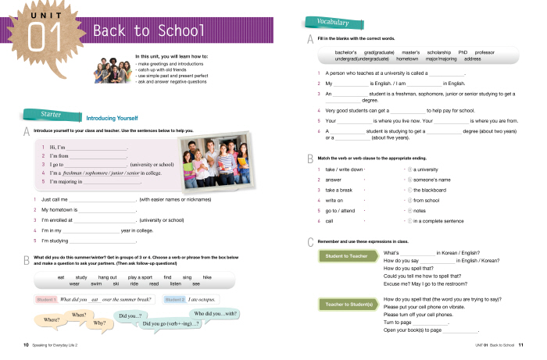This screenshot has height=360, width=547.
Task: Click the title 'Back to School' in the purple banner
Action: [148, 31]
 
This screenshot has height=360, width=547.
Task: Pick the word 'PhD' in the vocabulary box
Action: [463, 52]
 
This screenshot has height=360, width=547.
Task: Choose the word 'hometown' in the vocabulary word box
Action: [408, 59]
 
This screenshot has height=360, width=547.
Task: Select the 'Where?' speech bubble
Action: [52, 319]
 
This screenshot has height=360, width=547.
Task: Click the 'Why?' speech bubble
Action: [99, 323]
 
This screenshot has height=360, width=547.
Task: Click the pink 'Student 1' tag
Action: [45, 299]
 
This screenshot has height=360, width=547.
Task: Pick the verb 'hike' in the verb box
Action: [207, 277]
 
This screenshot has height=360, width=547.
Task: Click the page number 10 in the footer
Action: [26, 344]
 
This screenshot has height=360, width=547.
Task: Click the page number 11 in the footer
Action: [520, 344]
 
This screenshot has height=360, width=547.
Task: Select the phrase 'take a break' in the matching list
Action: [339, 190]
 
